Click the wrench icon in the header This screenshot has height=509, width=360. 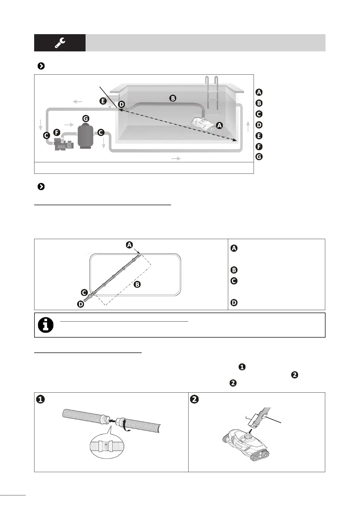(x=60, y=43)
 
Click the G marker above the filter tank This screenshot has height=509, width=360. (x=86, y=118)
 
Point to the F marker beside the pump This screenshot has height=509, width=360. (x=57, y=132)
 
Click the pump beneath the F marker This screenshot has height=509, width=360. (x=63, y=144)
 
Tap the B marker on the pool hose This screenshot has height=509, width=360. (x=173, y=98)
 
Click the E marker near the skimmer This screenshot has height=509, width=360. (x=103, y=101)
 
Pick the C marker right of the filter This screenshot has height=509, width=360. (x=101, y=132)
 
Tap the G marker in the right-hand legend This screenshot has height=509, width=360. (x=259, y=157)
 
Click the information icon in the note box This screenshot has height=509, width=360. (x=46, y=325)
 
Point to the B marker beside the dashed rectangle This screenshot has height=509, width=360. (x=137, y=284)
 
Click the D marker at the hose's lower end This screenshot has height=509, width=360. (x=80, y=304)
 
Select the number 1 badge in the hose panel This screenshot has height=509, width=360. (x=41, y=399)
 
